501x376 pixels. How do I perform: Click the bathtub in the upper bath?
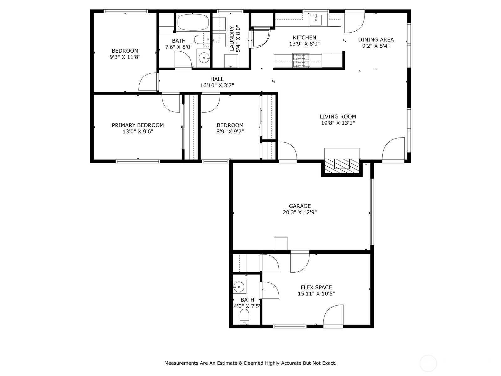(x=193, y=23)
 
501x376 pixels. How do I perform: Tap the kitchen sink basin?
(x=316, y=20)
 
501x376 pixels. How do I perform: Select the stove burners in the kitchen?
(x=301, y=60)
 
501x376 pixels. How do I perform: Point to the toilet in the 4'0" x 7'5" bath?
(x=245, y=317)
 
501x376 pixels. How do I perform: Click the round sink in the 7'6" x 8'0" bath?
(x=203, y=58)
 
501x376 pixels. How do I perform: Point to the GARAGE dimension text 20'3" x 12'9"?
(x=300, y=212)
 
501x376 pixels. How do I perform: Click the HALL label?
(x=217, y=79)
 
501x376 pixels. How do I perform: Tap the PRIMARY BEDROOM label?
(x=138, y=125)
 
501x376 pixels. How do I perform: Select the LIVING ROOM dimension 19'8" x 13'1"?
(x=338, y=123)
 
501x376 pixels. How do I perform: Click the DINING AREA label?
(x=376, y=39)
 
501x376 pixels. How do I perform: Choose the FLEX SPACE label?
(x=316, y=287)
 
